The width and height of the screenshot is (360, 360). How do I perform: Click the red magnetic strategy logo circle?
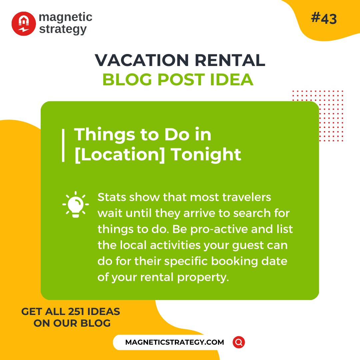[24, 24]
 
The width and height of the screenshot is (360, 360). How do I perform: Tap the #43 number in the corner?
[324, 19]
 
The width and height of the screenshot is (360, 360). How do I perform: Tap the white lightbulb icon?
[76, 204]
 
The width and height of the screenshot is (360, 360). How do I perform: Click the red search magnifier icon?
[239, 342]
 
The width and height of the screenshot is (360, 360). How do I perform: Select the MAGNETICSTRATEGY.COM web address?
[175, 342]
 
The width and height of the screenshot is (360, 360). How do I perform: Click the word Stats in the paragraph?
[112, 197]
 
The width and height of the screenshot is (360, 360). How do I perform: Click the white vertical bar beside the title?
[63, 145]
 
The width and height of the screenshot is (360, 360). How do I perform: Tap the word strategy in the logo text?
[63, 29]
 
